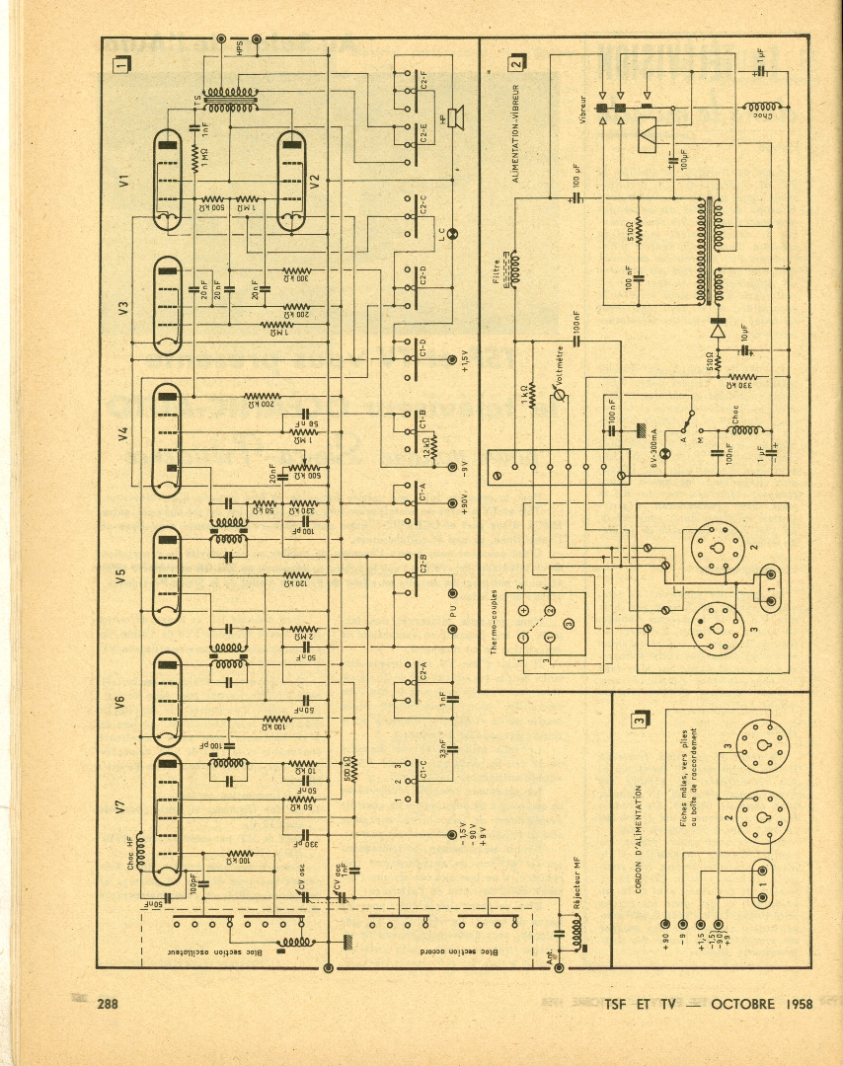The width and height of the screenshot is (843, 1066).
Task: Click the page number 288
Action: click(108, 1005)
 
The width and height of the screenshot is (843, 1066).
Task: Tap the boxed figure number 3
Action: click(642, 721)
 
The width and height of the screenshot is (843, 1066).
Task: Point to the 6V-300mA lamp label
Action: click(652, 455)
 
